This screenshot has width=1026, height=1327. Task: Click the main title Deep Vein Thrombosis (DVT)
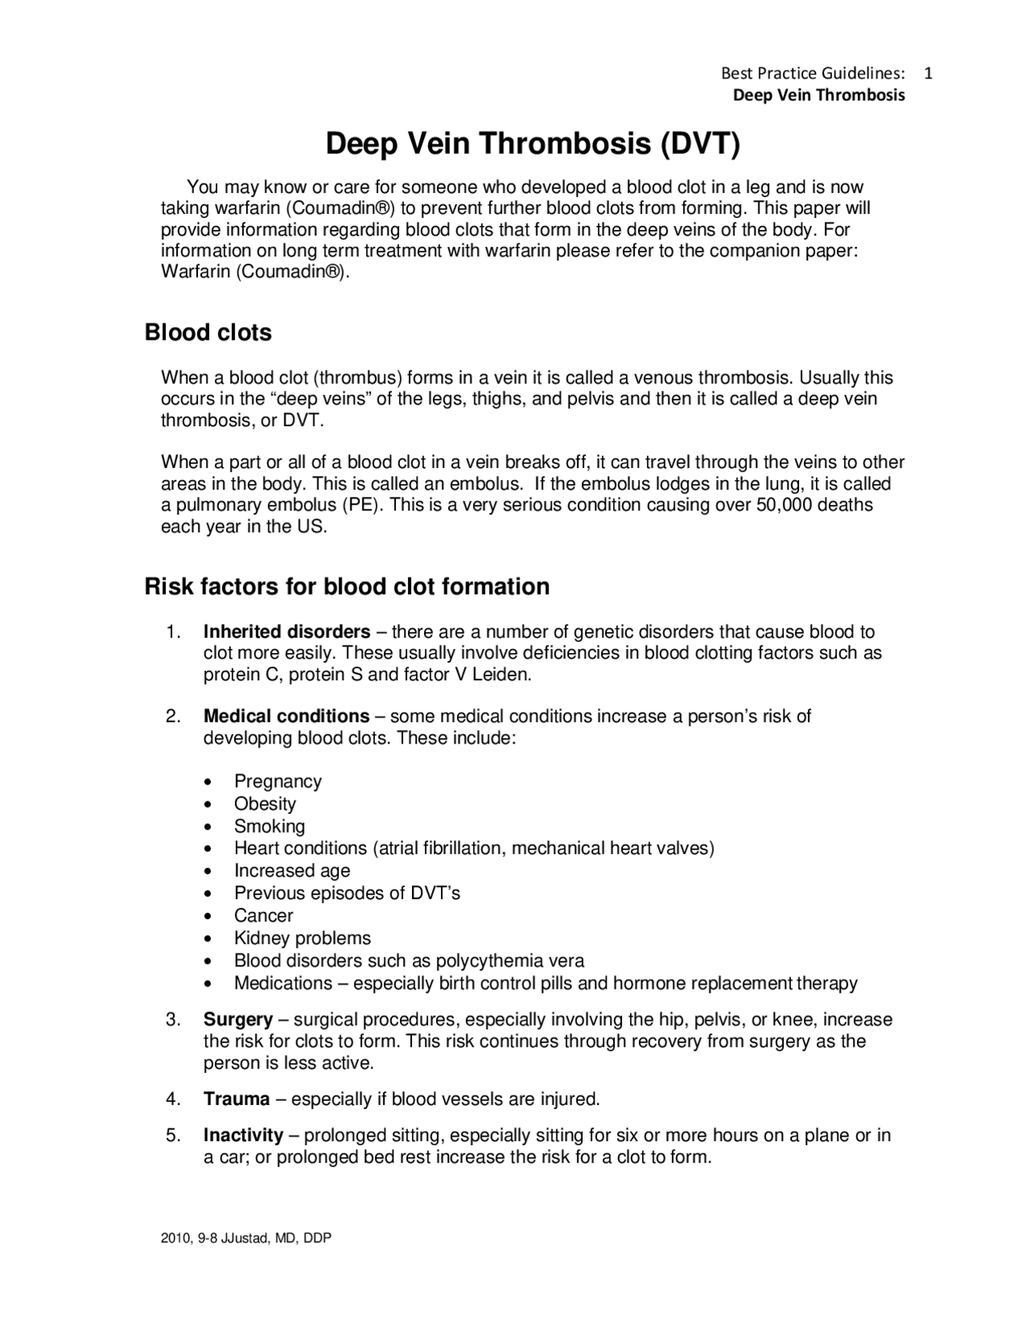click(x=533, y=144)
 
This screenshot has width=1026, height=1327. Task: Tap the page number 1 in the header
click(x=928, y=73)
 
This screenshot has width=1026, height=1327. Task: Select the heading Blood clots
click(x=208, y=333)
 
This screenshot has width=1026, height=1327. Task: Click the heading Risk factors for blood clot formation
click(x=346, y=587)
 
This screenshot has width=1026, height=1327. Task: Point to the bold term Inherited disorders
click(x=286, y=631)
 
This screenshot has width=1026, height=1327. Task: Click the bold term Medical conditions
click(x=286, y=716)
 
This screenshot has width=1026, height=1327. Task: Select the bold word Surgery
click(x=237, y=1019)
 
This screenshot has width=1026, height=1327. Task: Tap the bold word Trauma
click(x=236, y=1099)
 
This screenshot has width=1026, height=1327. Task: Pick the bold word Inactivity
click(x=243, y=1135)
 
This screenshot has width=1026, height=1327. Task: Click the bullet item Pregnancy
click(x=277, y=781)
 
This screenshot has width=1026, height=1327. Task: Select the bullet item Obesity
click(x=265, y=804)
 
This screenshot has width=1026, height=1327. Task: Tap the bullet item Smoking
click(x=269, y=826)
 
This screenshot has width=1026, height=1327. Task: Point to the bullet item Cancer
click(x=263, y=916)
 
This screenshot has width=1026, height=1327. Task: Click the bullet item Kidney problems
click(x=302, y=938)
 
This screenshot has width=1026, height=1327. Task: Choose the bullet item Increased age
click(x=292, y=871)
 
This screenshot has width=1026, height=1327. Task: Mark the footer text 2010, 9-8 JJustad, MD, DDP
click(x=246, y=1238)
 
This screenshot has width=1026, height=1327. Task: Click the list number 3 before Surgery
click(x=172, y=1019)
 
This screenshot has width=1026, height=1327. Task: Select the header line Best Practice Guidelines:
click(x=813, y=73)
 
